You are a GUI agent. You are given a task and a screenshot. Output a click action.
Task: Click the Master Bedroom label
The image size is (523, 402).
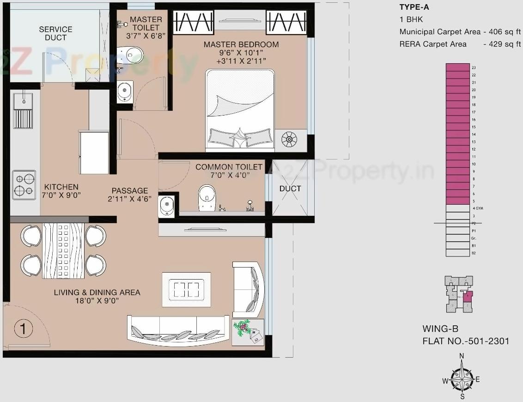(241, 45)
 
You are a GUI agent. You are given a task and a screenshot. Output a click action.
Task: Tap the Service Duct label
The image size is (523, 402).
(55, 33)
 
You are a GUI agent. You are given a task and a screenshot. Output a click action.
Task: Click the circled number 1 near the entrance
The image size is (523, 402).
(23, 329)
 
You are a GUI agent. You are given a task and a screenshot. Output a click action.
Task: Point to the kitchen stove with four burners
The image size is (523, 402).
(24, 185)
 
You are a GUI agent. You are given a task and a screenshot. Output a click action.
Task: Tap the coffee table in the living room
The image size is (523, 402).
(186, 290)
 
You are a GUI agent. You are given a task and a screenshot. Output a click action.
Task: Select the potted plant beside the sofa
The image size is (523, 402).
(247, 331)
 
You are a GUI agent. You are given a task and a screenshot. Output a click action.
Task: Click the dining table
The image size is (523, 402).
(63, 251)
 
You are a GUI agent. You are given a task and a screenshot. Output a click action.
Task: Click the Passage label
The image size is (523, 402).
(130, 190)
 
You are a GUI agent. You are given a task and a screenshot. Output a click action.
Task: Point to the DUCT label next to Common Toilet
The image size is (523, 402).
(290, 189)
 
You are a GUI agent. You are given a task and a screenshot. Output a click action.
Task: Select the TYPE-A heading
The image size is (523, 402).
(414, 7)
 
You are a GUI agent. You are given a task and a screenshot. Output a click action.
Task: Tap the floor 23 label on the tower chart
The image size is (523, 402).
(474, 67)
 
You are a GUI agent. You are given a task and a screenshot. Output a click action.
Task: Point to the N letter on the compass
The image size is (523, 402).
(462, 356)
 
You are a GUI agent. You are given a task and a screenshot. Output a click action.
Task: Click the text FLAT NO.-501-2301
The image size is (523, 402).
(466, 341)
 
